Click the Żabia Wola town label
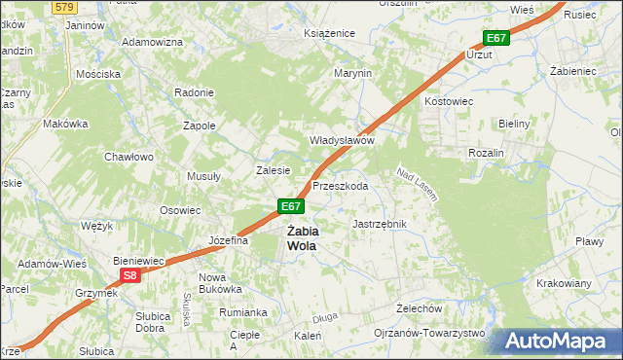point(302,238)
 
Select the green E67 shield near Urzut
point(495,38)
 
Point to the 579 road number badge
point(64,7)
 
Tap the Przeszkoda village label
point(340,186)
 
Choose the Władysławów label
point(343,140)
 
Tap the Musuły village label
point(203,177)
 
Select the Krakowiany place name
point(564,283)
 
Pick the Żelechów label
point(420,307)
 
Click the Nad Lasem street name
point(416,184)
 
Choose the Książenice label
point(329,33)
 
